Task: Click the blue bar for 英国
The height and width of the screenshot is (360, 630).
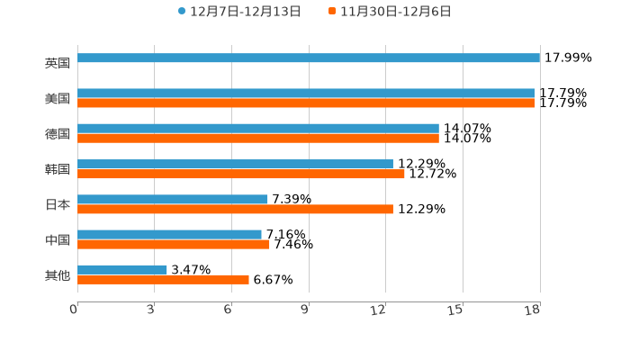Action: (x=309, y=58)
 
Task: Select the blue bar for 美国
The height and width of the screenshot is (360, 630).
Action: (x=306, y=94)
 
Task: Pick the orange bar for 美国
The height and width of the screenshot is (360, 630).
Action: (x=306, y=103)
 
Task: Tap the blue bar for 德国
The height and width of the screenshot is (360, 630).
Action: (x=258, y=129)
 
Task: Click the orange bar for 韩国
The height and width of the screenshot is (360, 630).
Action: (x=241, y=174)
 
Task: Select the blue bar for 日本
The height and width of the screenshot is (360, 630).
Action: (x=173, y=199)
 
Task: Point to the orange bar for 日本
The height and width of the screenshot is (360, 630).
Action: (x=235, y=209)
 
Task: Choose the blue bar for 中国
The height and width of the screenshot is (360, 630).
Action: (x=169, y=234)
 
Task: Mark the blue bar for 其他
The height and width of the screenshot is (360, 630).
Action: (x=122, y=269)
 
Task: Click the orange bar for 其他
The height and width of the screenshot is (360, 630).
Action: (x=163, y=279)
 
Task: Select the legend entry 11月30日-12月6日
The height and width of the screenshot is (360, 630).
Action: (x=395, y=12)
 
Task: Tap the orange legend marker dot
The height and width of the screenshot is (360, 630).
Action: (x=332, y=12)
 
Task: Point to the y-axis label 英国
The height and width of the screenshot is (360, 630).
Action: (x=58, y=63)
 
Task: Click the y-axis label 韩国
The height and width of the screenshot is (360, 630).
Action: (x=58, y=169)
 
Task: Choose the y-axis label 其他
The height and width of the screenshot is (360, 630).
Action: (x=58, y=274)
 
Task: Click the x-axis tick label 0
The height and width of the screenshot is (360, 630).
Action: (x=74, y=310)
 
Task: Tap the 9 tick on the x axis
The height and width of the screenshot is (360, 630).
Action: (x=305, y=310)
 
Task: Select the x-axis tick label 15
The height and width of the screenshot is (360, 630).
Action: (x=455, y=310)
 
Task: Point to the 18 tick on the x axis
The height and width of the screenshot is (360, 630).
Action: (x=533, y=310)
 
